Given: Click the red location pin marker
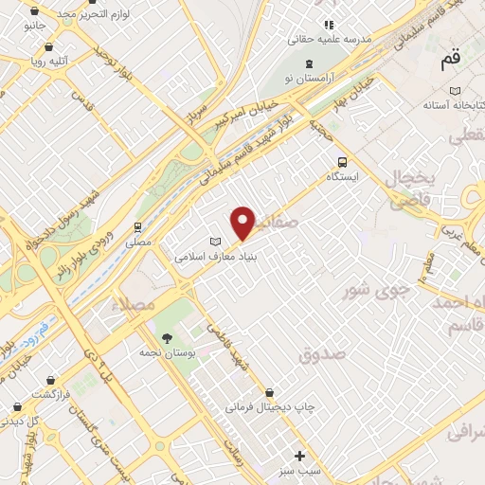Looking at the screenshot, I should click(243, 223).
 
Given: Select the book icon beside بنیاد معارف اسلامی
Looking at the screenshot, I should click(213, 240).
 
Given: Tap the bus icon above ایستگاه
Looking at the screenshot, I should click(342, 161).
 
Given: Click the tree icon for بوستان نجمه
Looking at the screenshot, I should click(167, 338).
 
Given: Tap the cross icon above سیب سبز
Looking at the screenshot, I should click(300, 456).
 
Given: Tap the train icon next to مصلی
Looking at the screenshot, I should click(138, 227).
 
